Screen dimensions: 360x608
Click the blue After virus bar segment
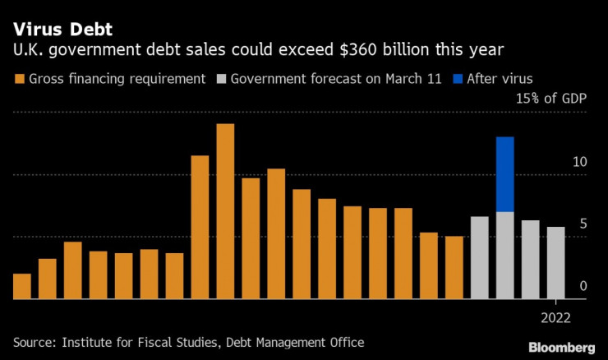tap(504, 173)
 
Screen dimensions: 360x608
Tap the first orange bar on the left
tap(22, 286)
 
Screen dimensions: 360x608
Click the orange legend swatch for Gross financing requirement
tap(19, 80)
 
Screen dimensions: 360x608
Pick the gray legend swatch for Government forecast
tap(221, 80)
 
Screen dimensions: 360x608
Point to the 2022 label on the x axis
tap(556, 316)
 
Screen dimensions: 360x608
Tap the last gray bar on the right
tap(555, 263)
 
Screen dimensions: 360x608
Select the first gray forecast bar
tap(479, 257)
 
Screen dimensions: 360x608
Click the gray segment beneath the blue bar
tap(504, 255)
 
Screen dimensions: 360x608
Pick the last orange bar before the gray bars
tap(454, 267)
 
